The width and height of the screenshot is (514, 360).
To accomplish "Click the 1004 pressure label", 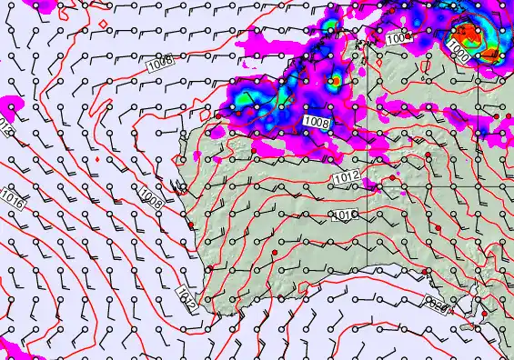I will coord(398,39).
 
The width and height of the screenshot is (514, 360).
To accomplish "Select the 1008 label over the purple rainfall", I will coord(317,121).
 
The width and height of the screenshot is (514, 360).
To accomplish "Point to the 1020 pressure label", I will coord(438,307).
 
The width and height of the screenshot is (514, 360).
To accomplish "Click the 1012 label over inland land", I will coord(346,176).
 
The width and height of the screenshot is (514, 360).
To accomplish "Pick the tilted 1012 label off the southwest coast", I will coord(186,298).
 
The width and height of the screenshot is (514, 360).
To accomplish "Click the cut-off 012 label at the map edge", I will coord(6,123).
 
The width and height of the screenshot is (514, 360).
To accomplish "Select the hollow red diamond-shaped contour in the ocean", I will coord(103,23).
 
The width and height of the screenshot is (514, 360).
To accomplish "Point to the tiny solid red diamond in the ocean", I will coord(95,160).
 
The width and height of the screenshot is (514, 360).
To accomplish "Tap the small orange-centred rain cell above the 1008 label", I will coord(336,80).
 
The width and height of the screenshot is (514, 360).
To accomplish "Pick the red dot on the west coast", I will coord(191,225).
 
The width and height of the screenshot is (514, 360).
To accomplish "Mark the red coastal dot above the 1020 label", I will coord(423,275).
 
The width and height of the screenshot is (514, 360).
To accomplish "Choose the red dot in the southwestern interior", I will coord(275,251).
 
